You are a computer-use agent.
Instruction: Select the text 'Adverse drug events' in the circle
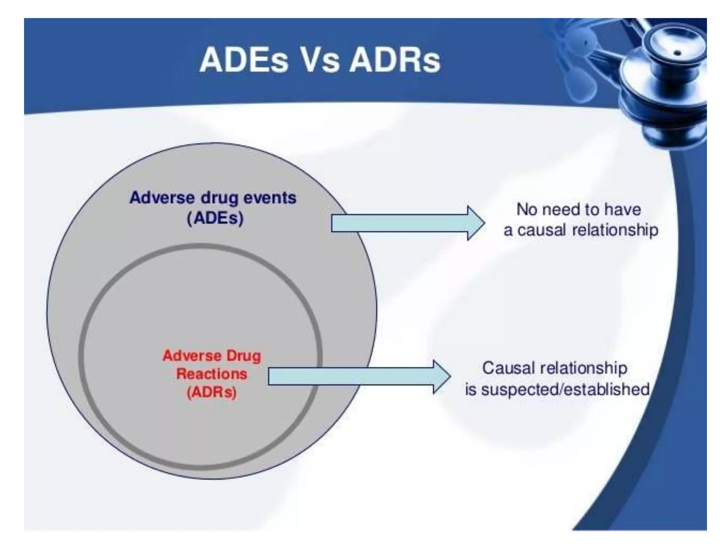pos(213,198)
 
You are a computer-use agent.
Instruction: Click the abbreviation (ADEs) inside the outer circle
pos(215,218)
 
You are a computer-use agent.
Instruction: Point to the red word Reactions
pos(212,374)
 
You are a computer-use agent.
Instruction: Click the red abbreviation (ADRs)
pos(212,392)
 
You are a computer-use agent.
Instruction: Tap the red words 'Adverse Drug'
pos(212,355)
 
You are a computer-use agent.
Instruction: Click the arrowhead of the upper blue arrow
pos(476,223)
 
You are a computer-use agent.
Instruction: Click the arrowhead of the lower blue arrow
pos(442,377)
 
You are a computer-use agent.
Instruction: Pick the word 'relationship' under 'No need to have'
pos(615,230)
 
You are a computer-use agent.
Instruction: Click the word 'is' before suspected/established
pos(470,389)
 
